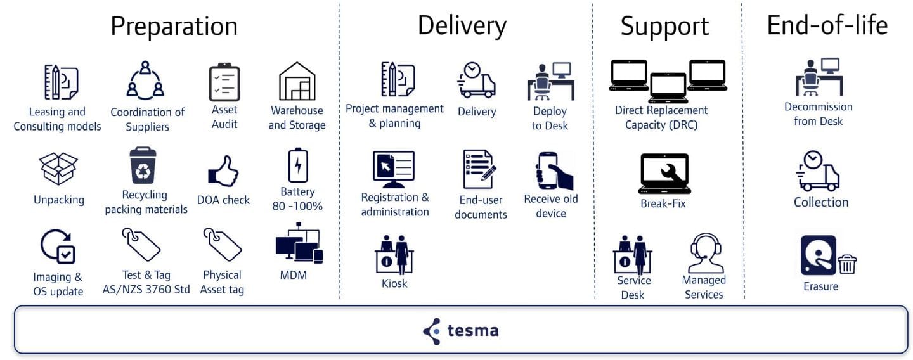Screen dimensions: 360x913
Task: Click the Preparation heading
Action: click(174, 27)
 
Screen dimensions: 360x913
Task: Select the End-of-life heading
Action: click(827, 25)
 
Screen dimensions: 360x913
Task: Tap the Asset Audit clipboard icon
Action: click(224, 82)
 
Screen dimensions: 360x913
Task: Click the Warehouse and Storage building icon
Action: click(297, 81)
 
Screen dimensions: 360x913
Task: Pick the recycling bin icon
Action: click(143, 165)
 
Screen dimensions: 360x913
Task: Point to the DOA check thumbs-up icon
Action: click(223, 171)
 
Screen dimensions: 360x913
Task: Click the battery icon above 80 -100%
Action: click(297, 165)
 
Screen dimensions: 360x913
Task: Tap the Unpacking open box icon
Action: click(58, 169)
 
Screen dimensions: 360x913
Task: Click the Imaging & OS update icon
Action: click(58, 247)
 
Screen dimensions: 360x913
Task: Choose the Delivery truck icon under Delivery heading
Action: click(476, 80)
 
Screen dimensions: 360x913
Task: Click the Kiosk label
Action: click(394, 283)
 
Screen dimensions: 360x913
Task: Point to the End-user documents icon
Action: click(479, 169)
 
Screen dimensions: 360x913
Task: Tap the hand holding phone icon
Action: click(554, 170)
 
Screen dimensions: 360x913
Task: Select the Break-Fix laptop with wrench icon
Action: click(664, 173)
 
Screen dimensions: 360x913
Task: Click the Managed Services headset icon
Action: click(705, 254)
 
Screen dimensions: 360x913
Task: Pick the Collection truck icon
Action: click(819, 171)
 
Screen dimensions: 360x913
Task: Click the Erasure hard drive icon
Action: click(819, 255)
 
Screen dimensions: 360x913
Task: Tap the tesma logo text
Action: click(472, 330)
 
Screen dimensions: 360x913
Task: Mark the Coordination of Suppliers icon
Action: click(145, 81)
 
